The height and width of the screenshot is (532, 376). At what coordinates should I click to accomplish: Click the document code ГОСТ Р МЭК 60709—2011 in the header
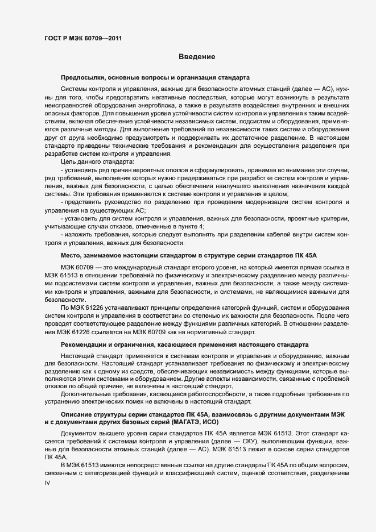pyautogui.click(x=82, y=39)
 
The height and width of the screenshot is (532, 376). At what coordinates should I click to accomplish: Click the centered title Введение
pyautogui.click(x=197, y=57)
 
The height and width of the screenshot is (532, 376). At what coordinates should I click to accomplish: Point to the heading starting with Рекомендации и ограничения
pyautogui.click(x=184, y=344)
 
